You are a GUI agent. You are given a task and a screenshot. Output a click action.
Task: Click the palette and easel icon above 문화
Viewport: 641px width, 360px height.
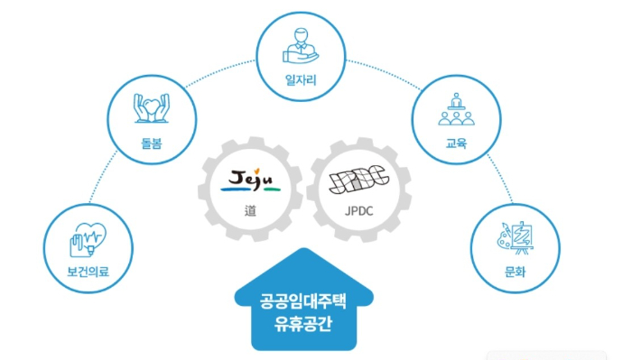pyautogui.click(x=515, y=237)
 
